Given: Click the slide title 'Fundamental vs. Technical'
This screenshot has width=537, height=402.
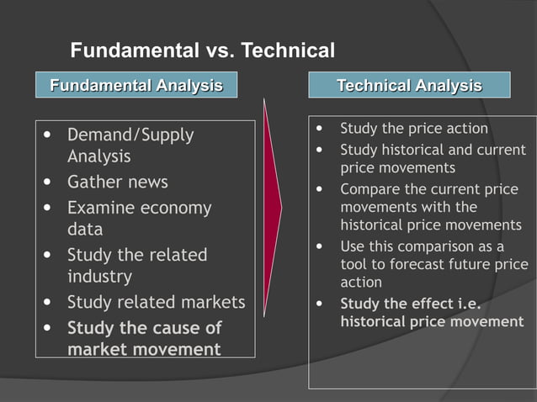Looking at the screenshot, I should point(202,50).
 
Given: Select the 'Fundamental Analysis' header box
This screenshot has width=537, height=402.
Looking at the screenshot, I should point(136,85).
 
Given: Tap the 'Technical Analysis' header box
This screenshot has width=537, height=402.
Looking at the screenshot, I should point(409,85).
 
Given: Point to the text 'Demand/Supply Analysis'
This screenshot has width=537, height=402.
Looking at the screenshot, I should point(130,145).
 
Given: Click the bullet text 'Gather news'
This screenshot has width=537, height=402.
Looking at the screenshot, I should point(117,182).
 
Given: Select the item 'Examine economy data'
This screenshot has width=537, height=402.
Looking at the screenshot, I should point(139,218).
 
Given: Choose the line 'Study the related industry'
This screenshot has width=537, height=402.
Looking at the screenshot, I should point(136,265).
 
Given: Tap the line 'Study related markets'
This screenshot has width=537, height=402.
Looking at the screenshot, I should point(156,302).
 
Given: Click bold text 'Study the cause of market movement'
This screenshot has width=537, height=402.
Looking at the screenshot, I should point(144,337).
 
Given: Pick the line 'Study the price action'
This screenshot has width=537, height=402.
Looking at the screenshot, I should point(413,129).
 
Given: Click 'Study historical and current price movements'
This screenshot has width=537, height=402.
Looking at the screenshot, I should point(432,159).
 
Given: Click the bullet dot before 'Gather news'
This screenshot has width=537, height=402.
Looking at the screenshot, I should point(48,182).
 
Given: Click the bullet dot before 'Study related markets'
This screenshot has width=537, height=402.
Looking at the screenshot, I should point(48,302).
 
